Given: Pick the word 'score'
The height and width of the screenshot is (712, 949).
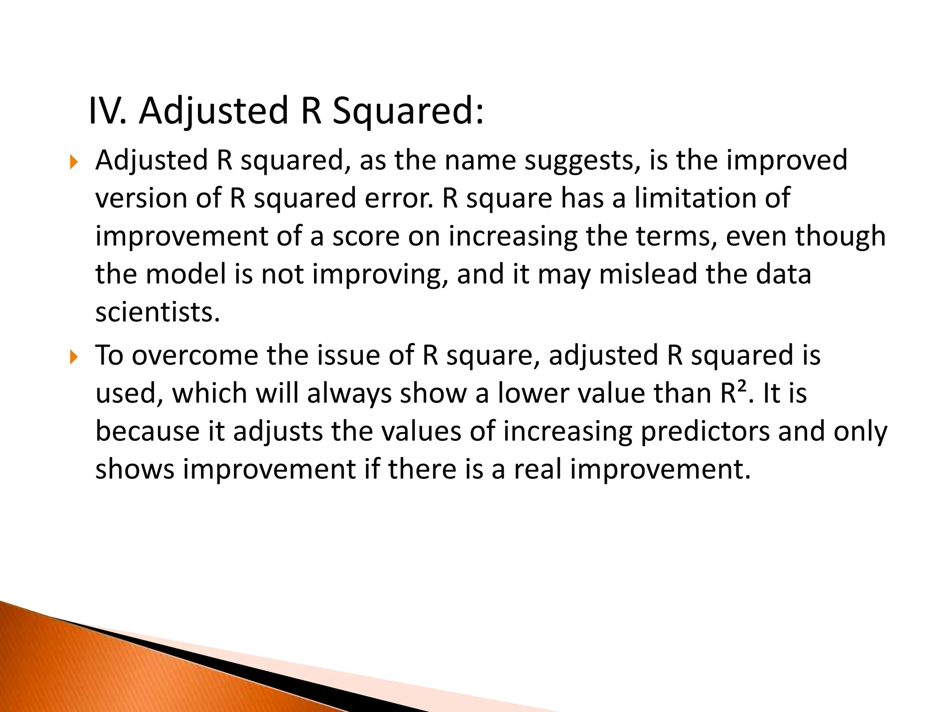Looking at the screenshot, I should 366,236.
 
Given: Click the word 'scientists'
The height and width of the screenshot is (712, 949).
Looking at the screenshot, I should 157,312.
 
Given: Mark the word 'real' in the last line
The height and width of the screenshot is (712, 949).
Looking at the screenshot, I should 538,470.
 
